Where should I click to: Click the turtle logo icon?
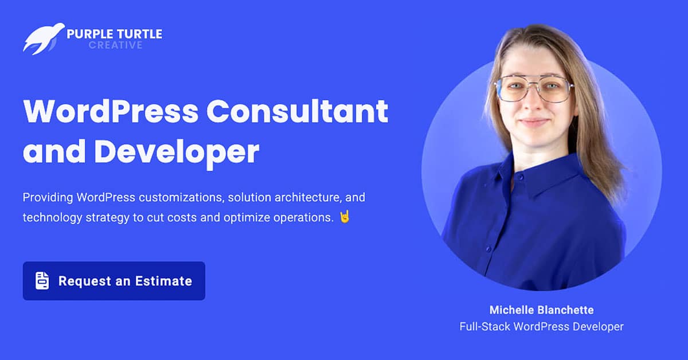tap(44, 38)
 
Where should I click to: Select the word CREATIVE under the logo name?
tap(115, 45)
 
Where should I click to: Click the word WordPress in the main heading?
tap(111, 111)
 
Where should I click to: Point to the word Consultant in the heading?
tap(297, 111)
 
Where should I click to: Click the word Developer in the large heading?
tap(177, 152)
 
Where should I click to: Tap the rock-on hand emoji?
tap(345, 217)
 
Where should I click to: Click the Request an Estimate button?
tap(114, 281)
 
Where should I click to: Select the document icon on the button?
tap(42, 280)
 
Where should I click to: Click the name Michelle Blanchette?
tap(541, 310)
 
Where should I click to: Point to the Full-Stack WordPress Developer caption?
tap(541, 327)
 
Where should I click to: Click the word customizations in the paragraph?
tap(181, 198)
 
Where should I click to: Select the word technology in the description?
tap(53, 218)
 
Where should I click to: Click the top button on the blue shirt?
tap(521, 177)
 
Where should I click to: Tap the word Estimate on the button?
tap(164, 281)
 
